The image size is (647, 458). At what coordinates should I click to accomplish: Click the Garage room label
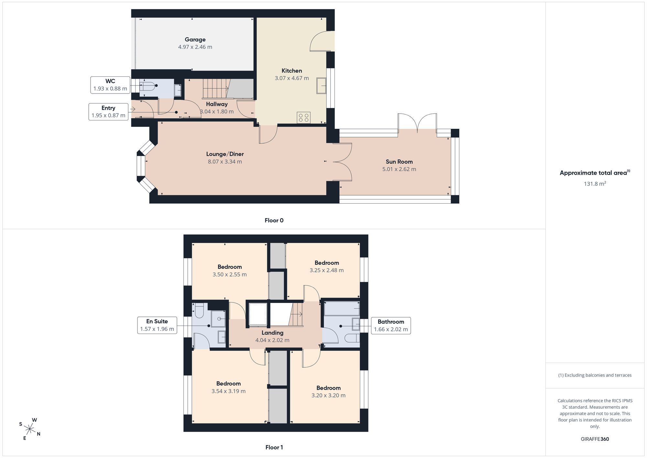tap(195, 39)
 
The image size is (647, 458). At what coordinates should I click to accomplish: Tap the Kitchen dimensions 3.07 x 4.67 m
tap(292, 78)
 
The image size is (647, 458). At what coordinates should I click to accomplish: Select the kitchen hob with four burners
tap(303, 117)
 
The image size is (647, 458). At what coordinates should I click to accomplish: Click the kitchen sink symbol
tap(321, 85)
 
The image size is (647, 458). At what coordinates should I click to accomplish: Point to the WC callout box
tap(110, 85)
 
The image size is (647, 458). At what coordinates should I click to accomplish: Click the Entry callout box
tap(108, 112)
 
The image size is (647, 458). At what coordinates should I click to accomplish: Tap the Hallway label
tap(217, 104)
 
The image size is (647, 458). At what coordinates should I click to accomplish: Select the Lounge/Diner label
tap(225, 154)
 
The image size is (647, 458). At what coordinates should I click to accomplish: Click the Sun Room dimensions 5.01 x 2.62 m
tap(399, 169)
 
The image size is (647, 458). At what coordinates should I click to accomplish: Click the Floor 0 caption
tap(274, 220)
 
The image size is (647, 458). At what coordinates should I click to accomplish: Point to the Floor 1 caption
tap(274, 447)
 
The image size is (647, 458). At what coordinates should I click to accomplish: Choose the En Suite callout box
tap(157, 325)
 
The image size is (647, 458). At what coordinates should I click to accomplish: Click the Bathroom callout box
tap(391, 325)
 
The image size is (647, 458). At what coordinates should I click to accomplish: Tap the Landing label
tap(272, 333)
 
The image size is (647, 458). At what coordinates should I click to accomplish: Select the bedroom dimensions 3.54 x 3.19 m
tap(228, 391)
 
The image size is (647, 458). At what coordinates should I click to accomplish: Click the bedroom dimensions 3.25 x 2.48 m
tap(327, 270)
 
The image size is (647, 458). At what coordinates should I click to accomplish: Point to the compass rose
tap(30, 429)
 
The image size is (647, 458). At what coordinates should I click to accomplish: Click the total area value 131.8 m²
tap(595, 184)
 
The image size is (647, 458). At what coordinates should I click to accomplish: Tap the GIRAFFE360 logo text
tap(595, 439)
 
